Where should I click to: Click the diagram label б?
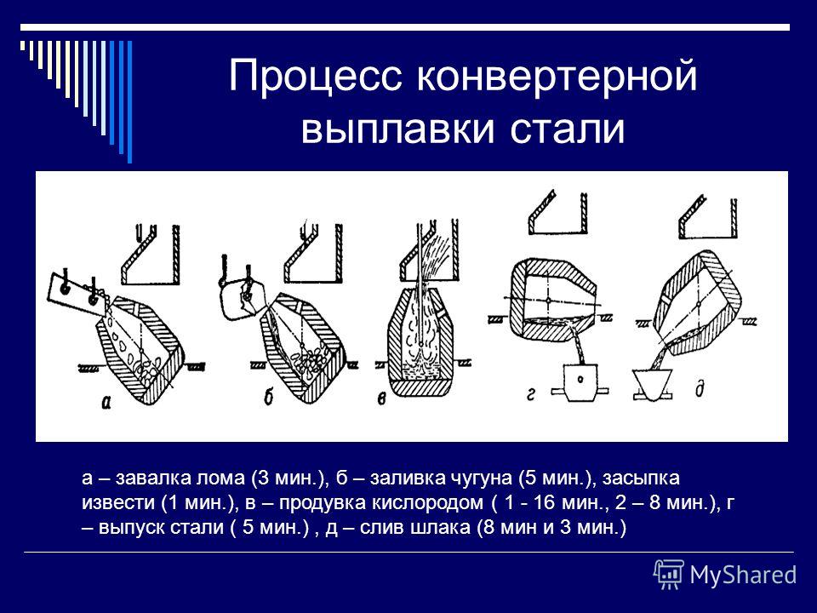[268, 398]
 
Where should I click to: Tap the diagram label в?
[381, 400]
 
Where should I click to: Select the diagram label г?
[530, 394]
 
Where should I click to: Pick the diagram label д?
[700, 389]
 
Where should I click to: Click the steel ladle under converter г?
[580, 382]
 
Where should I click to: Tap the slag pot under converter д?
[651, 385]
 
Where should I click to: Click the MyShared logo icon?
[669, 575]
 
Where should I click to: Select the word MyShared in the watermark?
[743, 575]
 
